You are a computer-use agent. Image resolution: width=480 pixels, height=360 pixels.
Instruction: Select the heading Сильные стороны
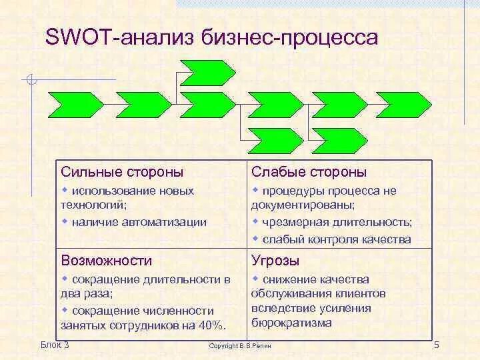[122, 172]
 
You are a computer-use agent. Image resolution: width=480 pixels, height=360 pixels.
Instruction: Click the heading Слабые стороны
[309, 172]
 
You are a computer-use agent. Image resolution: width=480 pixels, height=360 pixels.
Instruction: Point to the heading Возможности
[106, 261]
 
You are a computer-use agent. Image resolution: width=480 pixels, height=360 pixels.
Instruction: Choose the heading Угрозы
[275, 261]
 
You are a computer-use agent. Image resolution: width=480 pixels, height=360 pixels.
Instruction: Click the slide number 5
[437, 345]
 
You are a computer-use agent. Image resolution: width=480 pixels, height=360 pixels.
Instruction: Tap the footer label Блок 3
[55, 344]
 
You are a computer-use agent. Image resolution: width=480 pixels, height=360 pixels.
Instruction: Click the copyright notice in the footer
[240, 346]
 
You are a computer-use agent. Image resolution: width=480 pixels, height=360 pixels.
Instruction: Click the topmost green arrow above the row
[207, 72]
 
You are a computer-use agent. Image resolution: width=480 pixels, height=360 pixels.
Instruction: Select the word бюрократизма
[291, 323]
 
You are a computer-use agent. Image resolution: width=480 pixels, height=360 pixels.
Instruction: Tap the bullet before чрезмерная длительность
[255, 221]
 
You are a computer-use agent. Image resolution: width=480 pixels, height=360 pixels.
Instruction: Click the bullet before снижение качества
[255, 279]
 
